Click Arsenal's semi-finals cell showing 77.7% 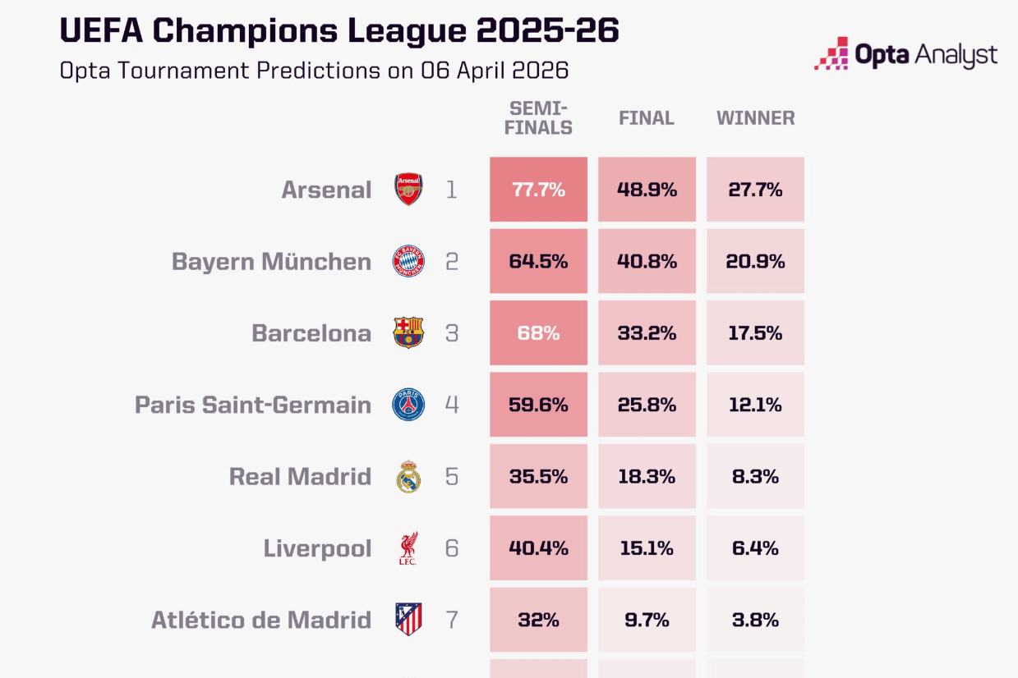point(538,190)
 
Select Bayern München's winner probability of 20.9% point(755,262)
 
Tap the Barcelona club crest point(408,333)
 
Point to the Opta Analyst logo point(905,54)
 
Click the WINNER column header point(755,118)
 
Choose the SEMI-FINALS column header point(540,118)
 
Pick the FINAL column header point(647,118)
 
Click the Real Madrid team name point(300,477)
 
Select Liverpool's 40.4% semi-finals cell point(538,548)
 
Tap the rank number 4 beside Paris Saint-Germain point(451,405)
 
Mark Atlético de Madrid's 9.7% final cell point(647,620)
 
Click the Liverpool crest point(408,548)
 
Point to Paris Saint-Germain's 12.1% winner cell point(755,405)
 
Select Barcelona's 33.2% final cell point(647,333)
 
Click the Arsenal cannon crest point(408,190)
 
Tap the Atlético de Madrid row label point(261,620)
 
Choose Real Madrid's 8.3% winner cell point(755,477)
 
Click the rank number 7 point(451,620)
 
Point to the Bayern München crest point(408,262)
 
